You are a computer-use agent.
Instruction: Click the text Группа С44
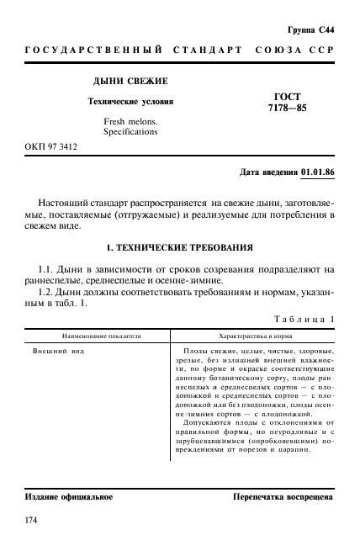(313, 30)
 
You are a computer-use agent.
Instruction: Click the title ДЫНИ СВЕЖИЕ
(130, 81)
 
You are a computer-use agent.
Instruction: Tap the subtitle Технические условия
(131, 102)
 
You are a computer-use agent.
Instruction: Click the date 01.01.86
(317, 173)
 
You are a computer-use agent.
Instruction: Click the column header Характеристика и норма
(255, 336)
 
